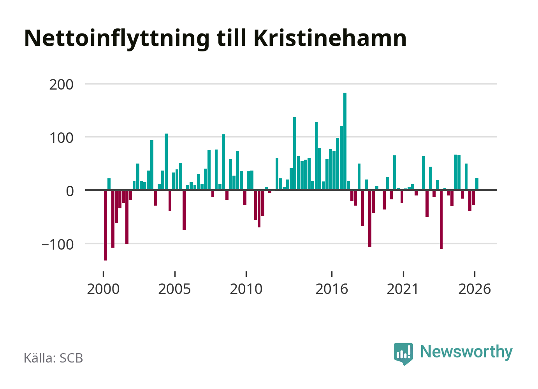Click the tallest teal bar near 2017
pos(345,141)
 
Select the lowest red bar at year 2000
pos(105,225)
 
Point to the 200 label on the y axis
pos(61,84)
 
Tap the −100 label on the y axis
pos(58,245)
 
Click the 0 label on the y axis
pos(70,192)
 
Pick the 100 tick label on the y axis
pos(61,138)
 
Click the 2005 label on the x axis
pos(174,289)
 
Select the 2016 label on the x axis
pos(332,289)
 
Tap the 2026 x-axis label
pos(475,289)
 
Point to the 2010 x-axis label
pos(246,289)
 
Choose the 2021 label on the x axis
pos(403,289)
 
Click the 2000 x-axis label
pos(103,289)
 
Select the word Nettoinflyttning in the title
pos(117,40)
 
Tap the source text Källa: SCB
pos(53,358)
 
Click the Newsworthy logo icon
pos(403,354)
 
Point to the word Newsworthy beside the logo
pos(466,352)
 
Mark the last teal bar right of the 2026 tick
pos(477,184)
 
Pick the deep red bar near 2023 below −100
pos(441,219)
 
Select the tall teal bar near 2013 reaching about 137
pos(295,153)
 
